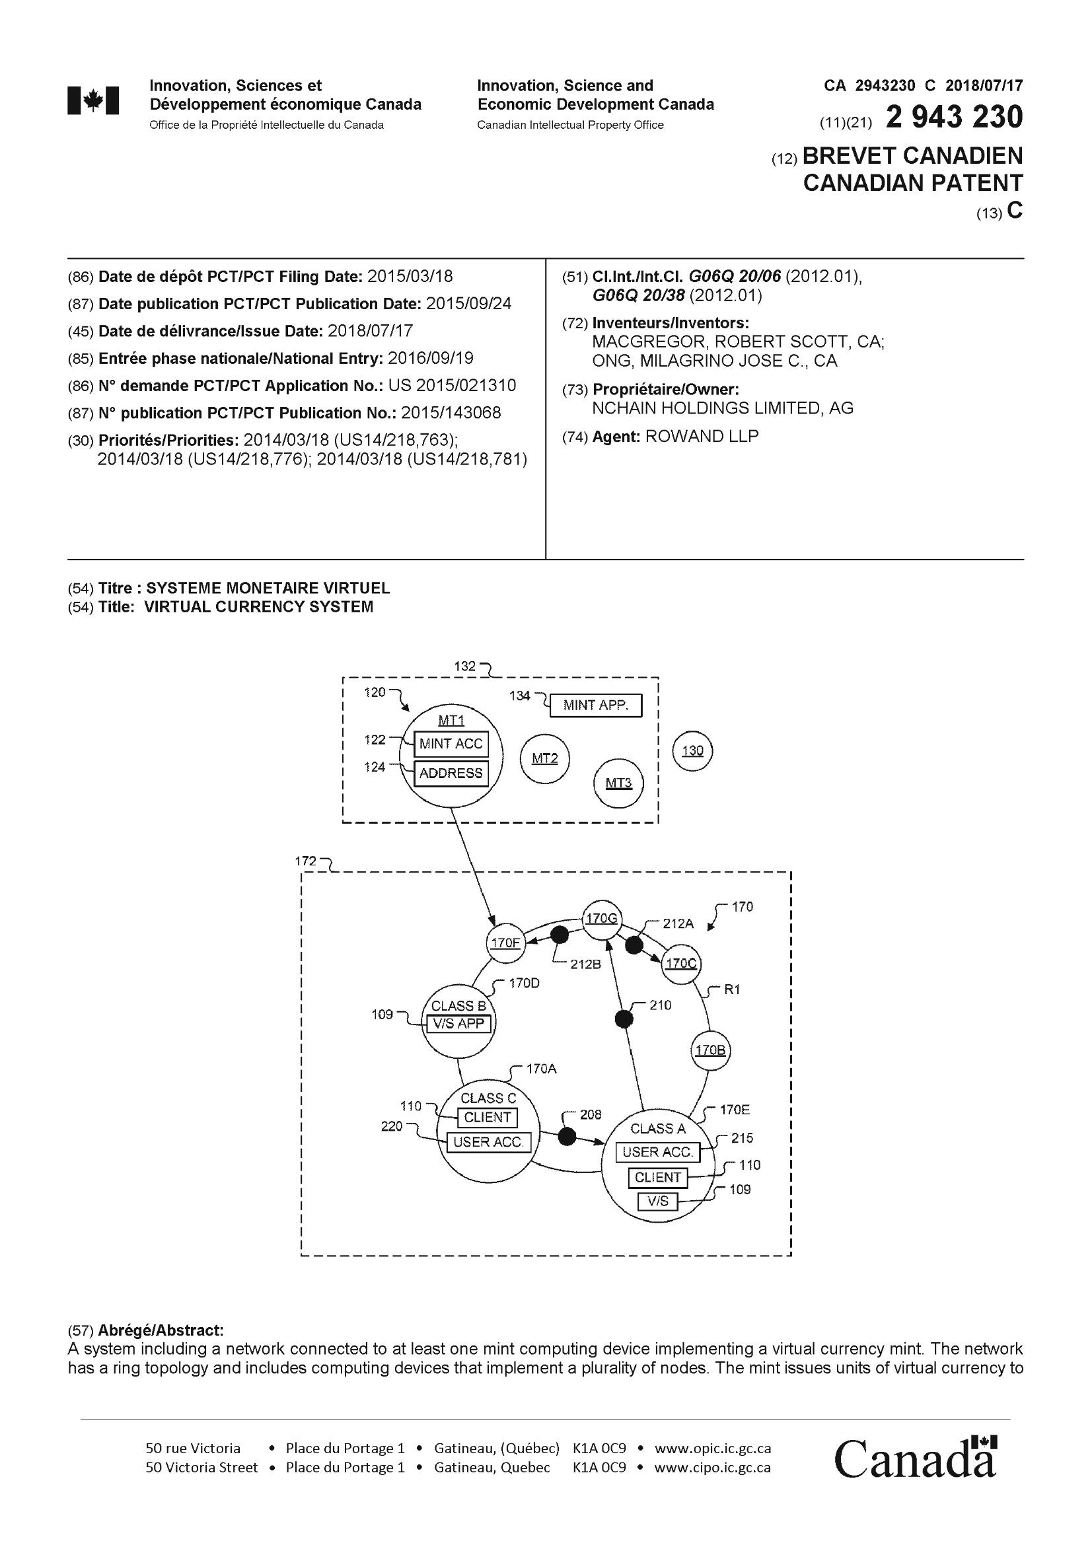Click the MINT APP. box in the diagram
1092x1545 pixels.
click(x=595, y=705)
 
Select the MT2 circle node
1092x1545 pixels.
click(x=545, y=758)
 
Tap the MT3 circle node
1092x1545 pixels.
click(x=618, y=783)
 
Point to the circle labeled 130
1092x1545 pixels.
click(x=692, y=750)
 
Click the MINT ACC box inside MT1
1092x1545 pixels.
click(x=451, y=744)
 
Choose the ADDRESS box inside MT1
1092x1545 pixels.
click(x=451, y=773)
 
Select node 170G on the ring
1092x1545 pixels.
click(x=602, y=919)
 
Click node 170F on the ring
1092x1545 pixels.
click(x=505, y=943)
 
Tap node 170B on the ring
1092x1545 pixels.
click(x=710, y=1050)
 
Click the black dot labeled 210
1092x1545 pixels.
click(x=624, y=1019)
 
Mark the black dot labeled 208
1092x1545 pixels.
click(x=568, y=1137)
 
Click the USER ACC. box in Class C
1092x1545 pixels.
click(x=488, y=1142)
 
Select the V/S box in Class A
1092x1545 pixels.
click(x=657, y=1200)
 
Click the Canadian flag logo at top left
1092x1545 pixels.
click(x=94, y=101)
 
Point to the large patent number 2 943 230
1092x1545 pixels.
click(x=954, y=118)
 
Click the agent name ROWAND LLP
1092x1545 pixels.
click(x=702, y=436)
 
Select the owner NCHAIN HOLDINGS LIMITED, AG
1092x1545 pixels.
click(x=723, y=408)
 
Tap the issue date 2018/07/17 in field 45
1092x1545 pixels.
click(x=369, y=331)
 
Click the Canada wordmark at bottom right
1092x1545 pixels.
click(x=915, y=1458)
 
